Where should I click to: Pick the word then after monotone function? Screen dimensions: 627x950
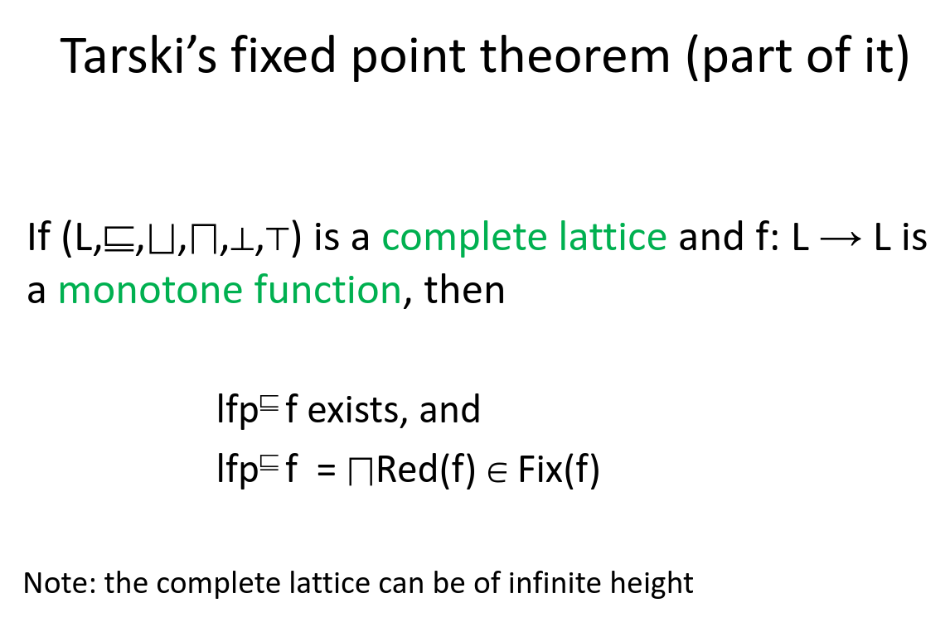tap(464, 291)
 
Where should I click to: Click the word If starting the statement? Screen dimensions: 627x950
tap(38, 239)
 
